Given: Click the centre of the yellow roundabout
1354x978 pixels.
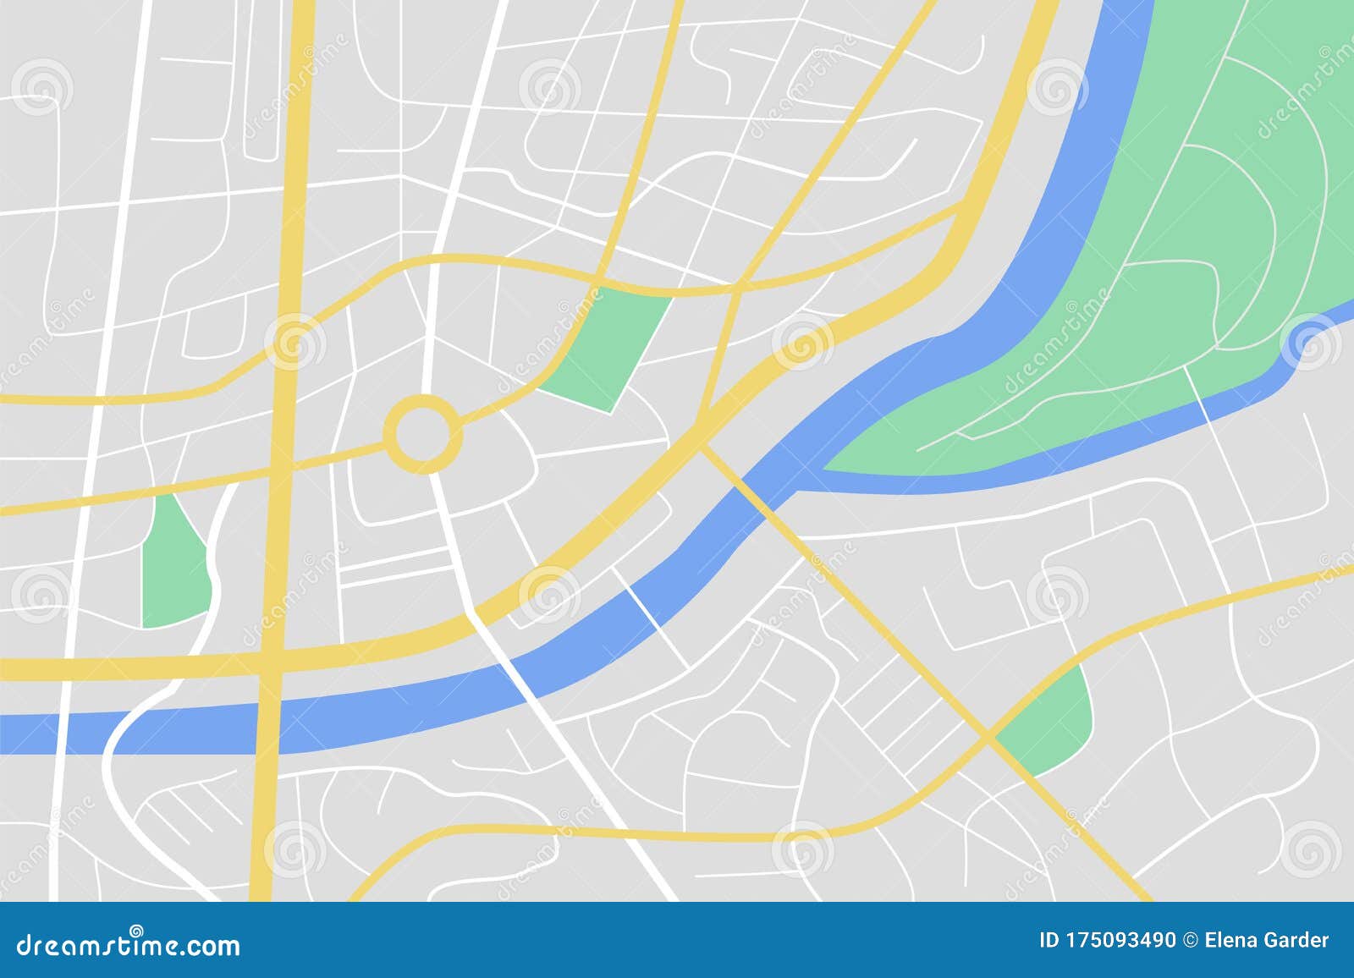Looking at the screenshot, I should pyautogui.click(x=423, y=433).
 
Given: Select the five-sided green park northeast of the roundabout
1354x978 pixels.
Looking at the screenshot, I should pyautogui.click(x=611, y=347).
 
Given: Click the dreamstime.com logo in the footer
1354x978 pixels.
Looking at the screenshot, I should pyautogui.click(x=128, y=944).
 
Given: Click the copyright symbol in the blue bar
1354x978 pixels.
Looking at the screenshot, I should pyautogui.click(x=1192, y=940).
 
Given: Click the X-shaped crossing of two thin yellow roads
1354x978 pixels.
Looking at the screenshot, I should pyautogui.click(x=988, y=736).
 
